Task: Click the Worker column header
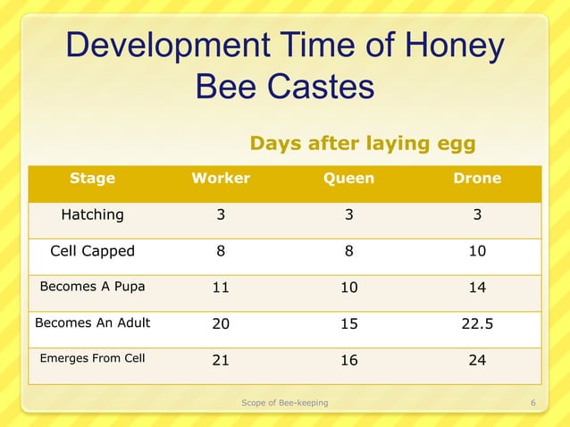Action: (221, 179)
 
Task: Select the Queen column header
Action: (348, 179)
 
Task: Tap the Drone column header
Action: (477, 179)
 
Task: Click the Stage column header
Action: (92, 179)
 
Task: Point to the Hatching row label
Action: (92, 214)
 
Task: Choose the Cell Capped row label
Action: (92, 251)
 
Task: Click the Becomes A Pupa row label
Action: (92, 287)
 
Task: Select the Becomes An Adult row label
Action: (92, 323)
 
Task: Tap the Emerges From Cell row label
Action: (92, 359)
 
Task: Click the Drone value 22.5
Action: (477, 324)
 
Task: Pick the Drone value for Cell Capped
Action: (477, 251)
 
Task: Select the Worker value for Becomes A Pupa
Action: (221, 288)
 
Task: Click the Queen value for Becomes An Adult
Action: (348, 324)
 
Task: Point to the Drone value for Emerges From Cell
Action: (477, 360)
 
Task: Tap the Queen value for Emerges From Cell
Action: (348, 360)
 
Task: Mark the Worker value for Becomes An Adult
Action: (221, 324)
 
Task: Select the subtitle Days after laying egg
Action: (362, 144)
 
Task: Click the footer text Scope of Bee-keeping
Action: (285, 403)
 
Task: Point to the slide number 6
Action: (532, 403)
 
